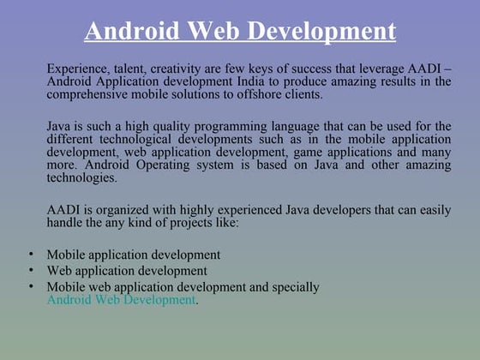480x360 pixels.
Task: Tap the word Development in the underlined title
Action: [327, 32]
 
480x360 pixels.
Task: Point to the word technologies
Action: [81, 178]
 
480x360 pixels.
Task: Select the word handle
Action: [66, 223]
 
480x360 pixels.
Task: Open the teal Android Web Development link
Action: [121, 300]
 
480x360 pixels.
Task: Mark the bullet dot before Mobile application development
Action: [30, 255]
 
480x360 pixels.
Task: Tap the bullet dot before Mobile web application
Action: [30, 286]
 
